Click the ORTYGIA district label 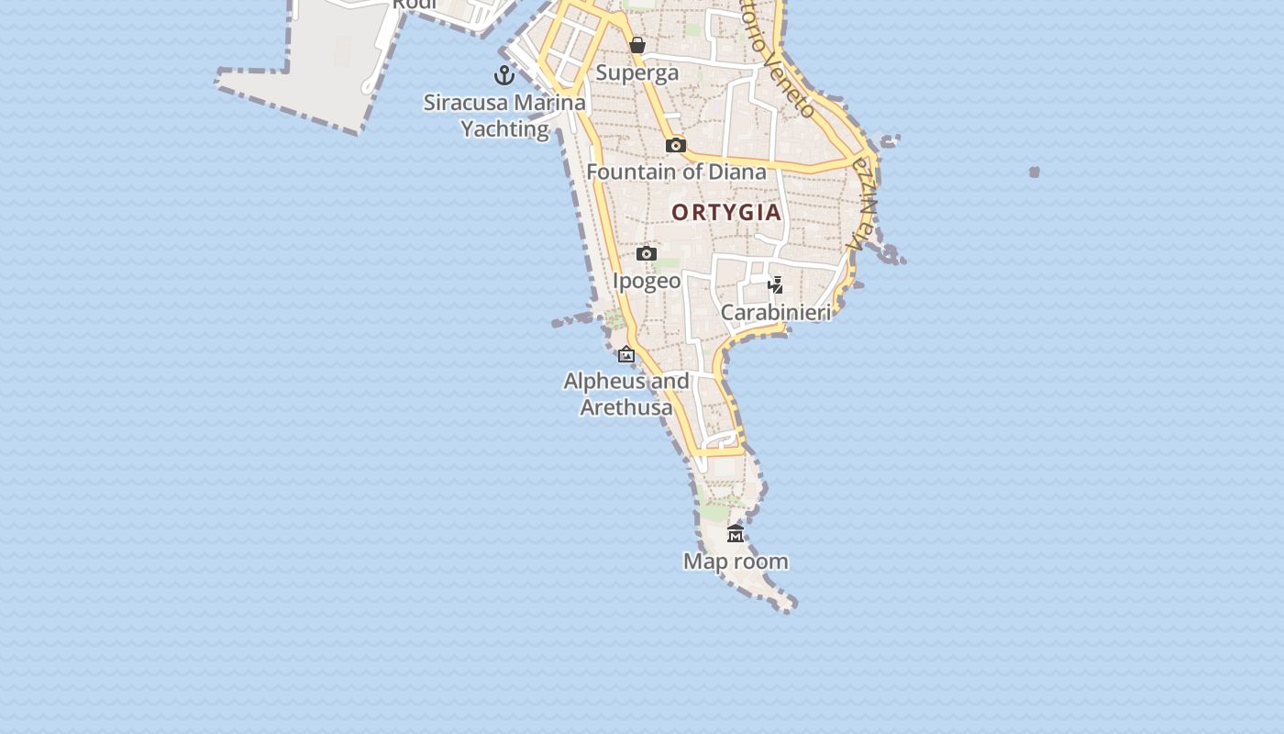726,213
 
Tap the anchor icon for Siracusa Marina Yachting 504,75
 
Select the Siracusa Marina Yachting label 504,116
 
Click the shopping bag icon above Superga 637,45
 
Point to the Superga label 637,73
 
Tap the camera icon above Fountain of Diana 676,145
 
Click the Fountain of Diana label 676,172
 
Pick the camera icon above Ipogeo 647,253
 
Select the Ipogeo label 647,281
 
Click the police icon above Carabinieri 776,284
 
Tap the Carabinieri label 776,313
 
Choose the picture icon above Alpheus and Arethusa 626,354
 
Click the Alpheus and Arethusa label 626,394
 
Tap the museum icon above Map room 736,534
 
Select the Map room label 736,562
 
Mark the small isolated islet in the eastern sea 1035,172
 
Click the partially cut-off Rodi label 415,5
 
